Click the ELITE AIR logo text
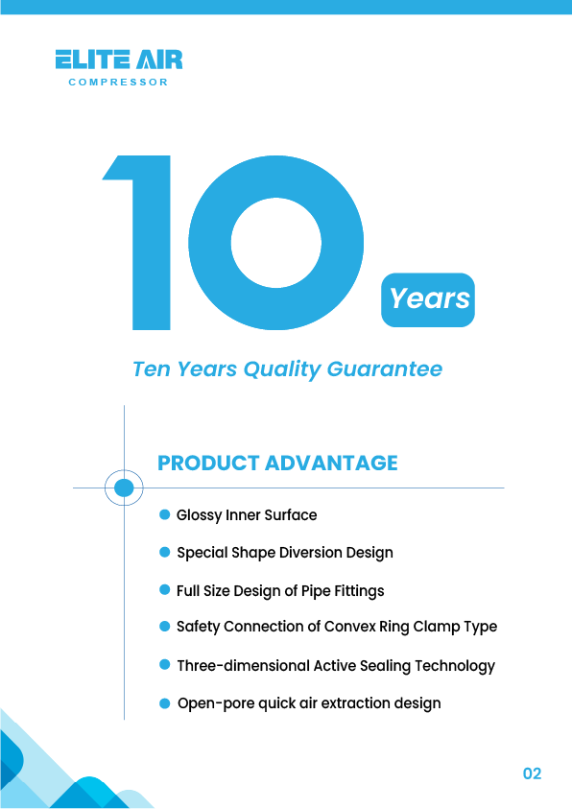tap(119, 59)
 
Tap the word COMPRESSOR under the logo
tap(119, 82)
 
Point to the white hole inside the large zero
tap(276, 243)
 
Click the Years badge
tap(428, 299)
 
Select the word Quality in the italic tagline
tap(282, 369)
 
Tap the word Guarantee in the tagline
tap(385, 369)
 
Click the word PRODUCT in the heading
tap(208, 463)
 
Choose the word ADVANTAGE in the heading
tap(331, 463)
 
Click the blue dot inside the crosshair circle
tap(124, 488)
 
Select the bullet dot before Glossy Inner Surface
tap(164, 514)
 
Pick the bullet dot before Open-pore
tap(164, 703)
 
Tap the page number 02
tap(532, 773)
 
